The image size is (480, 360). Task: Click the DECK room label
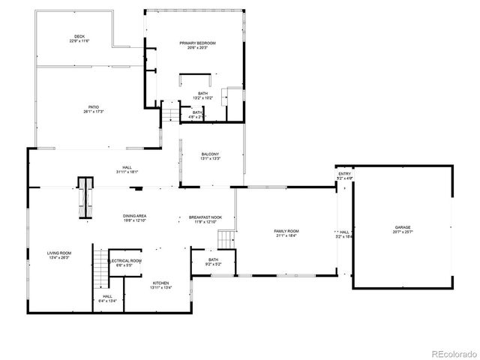[x=79, y=37]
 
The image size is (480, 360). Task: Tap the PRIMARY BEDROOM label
[x=197, y=43]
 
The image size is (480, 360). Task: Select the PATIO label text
[x=93, y=107]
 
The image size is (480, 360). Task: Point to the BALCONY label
[x=210, y=154]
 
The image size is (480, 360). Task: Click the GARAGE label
[x=403, y=226]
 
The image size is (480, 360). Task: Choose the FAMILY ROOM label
[x=286, y=230]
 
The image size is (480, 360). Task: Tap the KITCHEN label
[x=160, y=283]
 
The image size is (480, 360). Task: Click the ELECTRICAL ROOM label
[x=125, y=261]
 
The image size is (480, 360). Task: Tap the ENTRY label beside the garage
[x=344, y=174]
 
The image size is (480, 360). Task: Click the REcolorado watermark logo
[x=448, y=352]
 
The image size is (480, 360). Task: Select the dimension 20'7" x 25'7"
[x=403, y=231]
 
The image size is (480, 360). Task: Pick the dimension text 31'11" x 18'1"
[x=127, y=172]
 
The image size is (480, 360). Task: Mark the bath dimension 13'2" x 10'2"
[x=203, y=97]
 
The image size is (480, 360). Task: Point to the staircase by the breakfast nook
[x=226, y=240]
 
